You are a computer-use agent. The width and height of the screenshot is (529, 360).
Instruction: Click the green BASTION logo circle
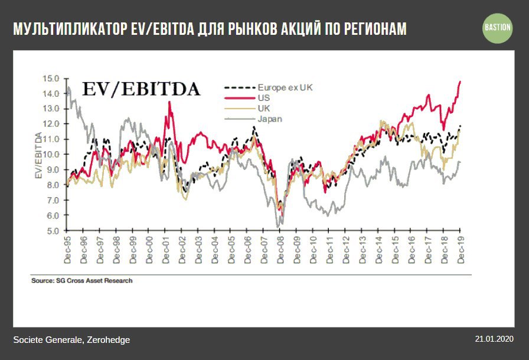(498, 28)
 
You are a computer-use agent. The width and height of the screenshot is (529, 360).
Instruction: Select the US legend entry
(263, 97)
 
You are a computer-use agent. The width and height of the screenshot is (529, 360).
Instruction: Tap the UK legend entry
(263, 108)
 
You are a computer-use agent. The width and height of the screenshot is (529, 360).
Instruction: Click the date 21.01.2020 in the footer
(494, 339)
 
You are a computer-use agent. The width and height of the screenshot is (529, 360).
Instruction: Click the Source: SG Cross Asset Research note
(81, 281)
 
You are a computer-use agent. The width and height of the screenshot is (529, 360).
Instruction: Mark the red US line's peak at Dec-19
(460, 81)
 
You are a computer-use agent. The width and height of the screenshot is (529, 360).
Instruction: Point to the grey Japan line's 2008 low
(278, 227)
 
